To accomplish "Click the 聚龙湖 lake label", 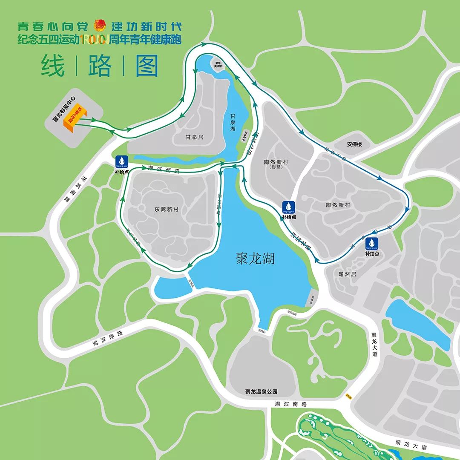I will coord(255,259).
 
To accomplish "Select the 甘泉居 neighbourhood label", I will coord(194,137).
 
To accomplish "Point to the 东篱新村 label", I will coord(167,210).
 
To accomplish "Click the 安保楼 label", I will coord(354,144).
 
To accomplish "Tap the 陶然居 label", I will coord(347,274).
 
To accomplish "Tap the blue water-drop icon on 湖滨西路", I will coord(122,161).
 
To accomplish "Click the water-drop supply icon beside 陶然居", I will coord(372,243).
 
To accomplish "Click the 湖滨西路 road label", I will coord(164,168).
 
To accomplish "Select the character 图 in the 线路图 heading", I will coord(147,66).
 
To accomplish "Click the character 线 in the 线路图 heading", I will coord(53,66).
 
